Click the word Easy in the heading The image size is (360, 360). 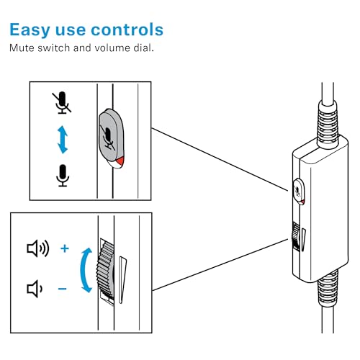(x=30, y=30)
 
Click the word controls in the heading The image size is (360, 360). (x=127, y=30)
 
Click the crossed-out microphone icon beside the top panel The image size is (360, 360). (x=62, y=102)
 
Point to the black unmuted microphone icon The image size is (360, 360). (x=63, y=176)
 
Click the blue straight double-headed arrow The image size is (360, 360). (x=63, y=140)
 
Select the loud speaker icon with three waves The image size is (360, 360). (x=38, y=248)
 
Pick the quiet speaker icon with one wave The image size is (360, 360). (x=35, y=289)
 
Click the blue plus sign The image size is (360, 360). (x=65, y=248)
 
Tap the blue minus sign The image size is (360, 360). (x=63, y=289)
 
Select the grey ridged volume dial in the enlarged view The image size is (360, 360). (x=106, y=270)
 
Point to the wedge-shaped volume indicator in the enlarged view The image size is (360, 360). (x=122, y=279)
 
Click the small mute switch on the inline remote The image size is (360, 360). (x=299, y=192)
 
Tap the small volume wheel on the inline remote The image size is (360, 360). (x=295, y=236)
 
